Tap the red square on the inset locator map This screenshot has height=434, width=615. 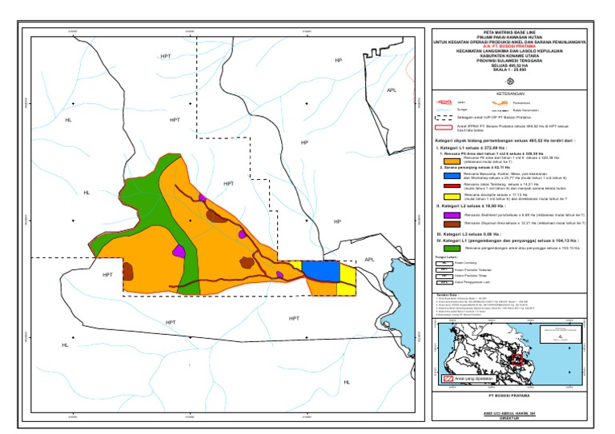point(517,360)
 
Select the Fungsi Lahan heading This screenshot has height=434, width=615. point(439,257)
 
